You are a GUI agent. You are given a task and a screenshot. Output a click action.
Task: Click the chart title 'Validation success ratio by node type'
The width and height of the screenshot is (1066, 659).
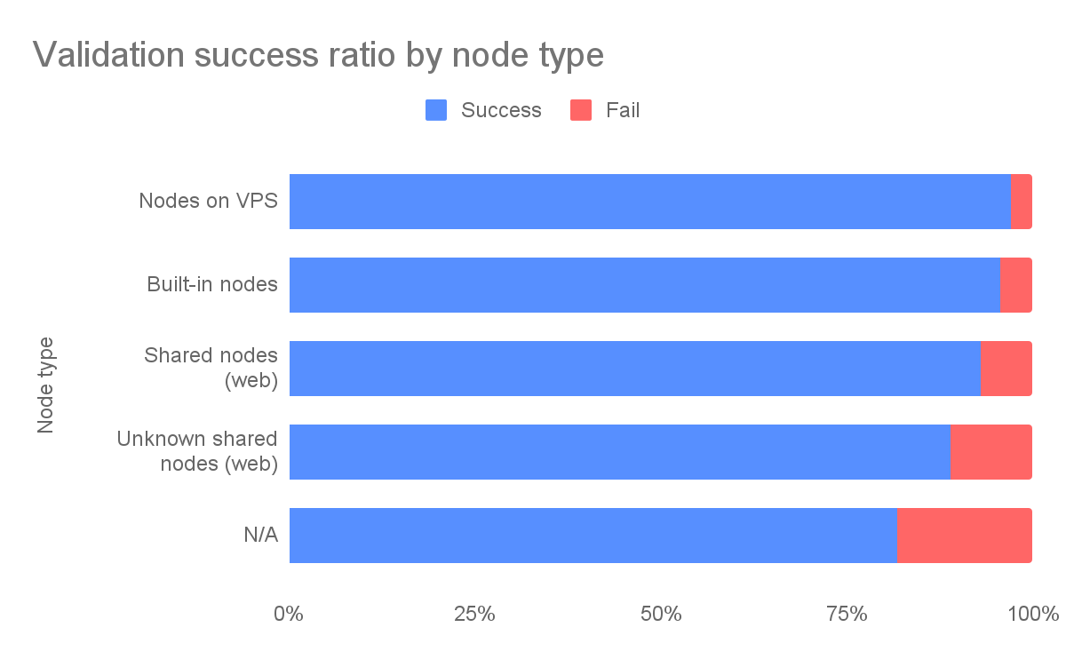click(318, 55)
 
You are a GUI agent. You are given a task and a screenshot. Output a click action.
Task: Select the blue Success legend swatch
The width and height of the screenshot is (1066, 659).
click(436, 110)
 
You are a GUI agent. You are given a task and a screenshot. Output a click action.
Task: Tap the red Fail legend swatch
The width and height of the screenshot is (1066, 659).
click(581, 110)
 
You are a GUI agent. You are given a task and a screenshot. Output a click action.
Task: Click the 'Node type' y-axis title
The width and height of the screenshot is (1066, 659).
click(45, 385)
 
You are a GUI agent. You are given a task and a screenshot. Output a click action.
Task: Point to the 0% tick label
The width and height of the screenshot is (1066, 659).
click(289, 614)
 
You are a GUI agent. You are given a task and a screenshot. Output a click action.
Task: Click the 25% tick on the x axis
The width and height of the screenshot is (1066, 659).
click(474, 614)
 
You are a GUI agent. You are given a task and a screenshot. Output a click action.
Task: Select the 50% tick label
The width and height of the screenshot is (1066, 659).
click(661, 614)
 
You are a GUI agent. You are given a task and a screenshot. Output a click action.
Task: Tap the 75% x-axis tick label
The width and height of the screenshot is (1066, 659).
click(847, 614)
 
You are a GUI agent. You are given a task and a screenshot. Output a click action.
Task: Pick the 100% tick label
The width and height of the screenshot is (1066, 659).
click(1033, 614)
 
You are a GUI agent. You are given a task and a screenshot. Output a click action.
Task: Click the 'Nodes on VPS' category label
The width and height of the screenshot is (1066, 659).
click(209, 201)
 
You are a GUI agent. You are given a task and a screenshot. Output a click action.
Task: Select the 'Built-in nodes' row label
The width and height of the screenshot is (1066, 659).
click(212, 284)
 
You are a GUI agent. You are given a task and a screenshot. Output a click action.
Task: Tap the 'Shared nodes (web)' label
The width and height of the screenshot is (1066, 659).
click(211, 368)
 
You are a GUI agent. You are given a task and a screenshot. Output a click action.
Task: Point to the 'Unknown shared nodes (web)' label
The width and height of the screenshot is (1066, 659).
click(197, 451)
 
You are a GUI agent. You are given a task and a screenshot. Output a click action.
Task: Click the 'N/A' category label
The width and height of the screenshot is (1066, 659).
click(261, 535)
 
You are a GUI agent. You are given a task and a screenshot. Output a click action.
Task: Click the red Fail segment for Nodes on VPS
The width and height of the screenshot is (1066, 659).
click(1022, 202)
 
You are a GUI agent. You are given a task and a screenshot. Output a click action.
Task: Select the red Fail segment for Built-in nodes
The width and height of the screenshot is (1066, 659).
click(1016, 285)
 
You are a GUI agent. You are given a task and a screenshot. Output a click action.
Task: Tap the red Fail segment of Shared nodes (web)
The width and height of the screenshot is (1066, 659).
click(1006, 369)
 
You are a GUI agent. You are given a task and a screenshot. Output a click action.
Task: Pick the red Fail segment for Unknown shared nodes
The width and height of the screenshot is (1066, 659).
click(991, 452)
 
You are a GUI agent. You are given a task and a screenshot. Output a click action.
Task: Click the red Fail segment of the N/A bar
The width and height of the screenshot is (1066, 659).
click(965, 536)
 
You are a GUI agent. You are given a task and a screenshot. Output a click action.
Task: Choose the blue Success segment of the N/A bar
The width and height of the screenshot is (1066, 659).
click(593, 536)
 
